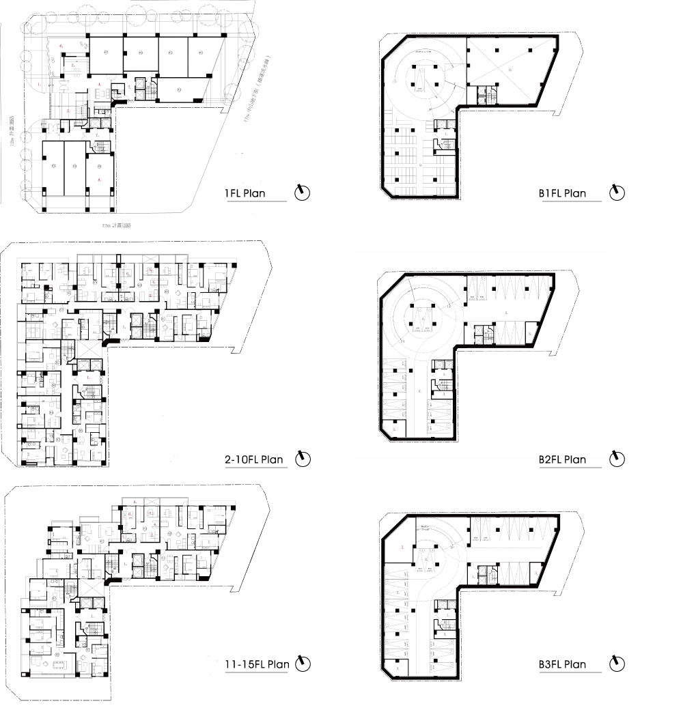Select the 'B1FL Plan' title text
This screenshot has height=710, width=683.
click(562, 193)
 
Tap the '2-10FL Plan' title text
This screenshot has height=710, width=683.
click(254, 459)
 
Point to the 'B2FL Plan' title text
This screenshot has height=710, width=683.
click(562, 459)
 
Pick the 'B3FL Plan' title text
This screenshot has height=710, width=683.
click(562, 664)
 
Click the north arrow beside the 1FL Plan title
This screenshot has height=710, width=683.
click(303, 193)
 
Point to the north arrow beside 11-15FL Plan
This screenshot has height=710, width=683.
click(303, 663)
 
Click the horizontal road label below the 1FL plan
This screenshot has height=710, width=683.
click(116, 225)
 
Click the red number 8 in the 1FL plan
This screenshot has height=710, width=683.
click(100, 180)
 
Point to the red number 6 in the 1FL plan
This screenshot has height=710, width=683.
click(61, 45)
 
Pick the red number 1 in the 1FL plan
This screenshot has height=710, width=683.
click(38, 83)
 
